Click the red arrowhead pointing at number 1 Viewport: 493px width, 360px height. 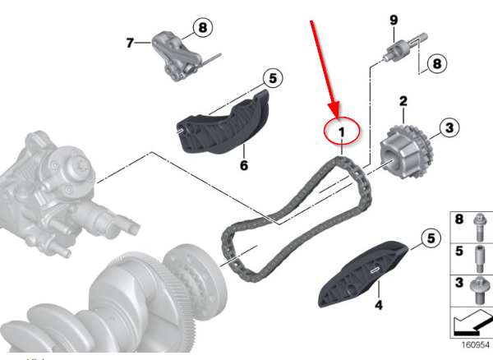[334, 109]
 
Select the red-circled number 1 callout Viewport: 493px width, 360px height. [342, 131]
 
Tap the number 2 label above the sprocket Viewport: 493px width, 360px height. [403, 101]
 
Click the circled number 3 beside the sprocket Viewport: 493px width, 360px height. [449, 127]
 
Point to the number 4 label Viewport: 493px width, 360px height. [379, 305]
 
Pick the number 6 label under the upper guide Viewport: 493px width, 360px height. [244, 165]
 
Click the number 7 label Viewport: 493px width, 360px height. [130, 43]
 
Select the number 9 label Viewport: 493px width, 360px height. [394, 20]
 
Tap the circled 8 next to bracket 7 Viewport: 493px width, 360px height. [203, 27]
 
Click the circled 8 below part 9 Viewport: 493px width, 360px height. [437, 64]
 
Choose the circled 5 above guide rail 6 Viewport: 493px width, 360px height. [273, 78]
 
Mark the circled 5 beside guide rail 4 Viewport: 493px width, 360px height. [431, 238]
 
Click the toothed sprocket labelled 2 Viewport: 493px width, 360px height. [406, 152]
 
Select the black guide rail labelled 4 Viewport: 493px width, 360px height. [362, 275]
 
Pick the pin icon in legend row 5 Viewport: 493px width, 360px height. [480, 260]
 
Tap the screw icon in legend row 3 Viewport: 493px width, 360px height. [480, 290]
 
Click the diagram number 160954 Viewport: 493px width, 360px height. [476, 344]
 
